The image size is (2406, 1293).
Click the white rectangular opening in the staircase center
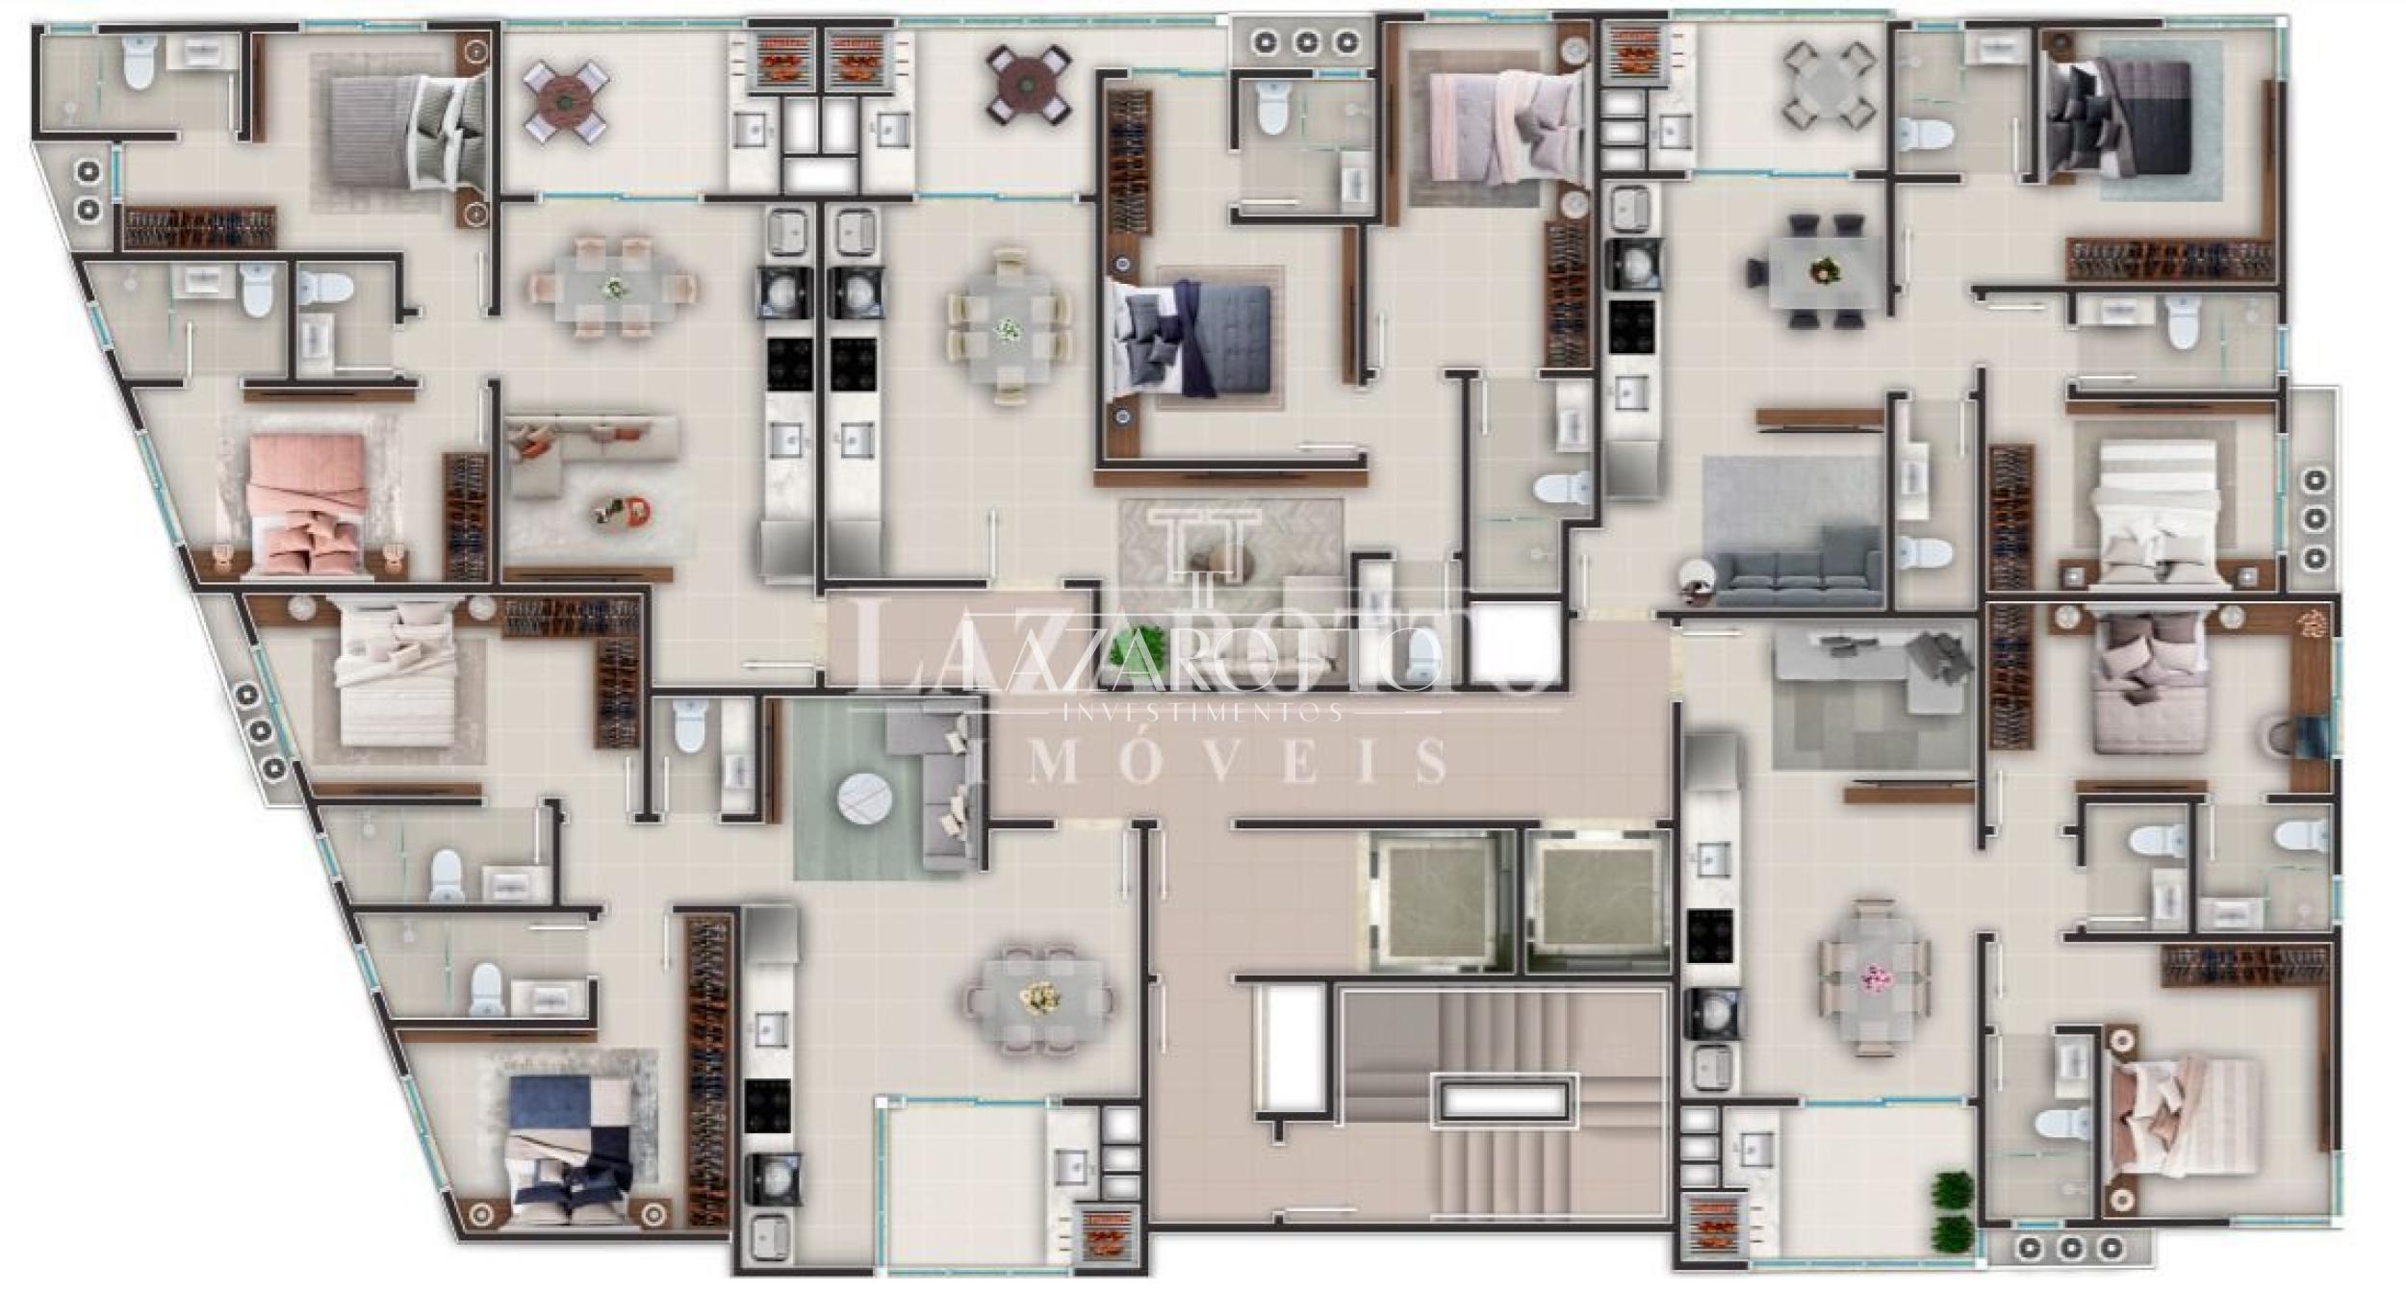tap(1507, 1102)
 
